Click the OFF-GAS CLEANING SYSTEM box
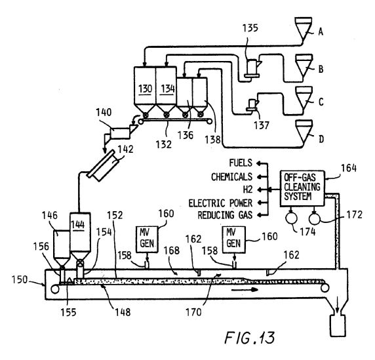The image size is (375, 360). point(302,188)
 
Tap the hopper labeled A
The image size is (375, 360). point(304,30)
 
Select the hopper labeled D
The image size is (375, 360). point(304,131)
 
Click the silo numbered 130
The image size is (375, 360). point(145,91)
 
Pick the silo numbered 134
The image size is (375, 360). point(167,91)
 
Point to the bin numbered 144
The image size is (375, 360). point(80,237)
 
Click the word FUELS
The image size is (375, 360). point(241,163)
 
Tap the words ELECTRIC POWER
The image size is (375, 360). point(220,203)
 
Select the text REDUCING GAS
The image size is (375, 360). point(225,215)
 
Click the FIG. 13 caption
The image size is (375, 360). point(250,338)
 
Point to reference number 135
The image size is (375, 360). point(250,28)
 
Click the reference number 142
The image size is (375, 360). point(125,150)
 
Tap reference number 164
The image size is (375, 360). point(349,168)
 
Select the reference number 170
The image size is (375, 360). point(193,312)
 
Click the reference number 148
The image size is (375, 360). point(123,312)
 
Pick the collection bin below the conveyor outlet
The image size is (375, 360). point(338,326)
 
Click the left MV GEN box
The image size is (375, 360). point(147,239)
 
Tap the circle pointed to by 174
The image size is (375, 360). point(292,218)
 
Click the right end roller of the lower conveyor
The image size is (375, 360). point(325,288)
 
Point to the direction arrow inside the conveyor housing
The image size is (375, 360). point(245,290)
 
